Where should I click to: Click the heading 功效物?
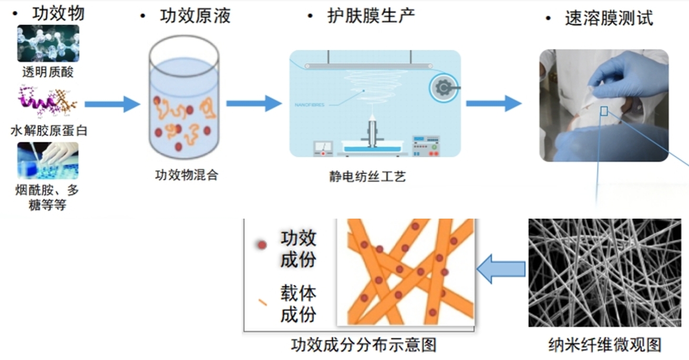coord(58,14)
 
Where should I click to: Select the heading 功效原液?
coord(195,16)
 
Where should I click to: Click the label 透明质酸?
coord(48,72)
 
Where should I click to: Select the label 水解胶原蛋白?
coord(49,130)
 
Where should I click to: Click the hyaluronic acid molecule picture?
coord(48,43)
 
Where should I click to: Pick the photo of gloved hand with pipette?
coord(48,160)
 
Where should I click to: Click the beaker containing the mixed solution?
coord(183,100)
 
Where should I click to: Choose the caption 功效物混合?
coord(187,175)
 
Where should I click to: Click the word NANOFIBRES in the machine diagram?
coord(310,105)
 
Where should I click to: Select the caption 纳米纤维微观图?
coord(604,345)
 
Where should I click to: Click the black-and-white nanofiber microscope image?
coord(604,273)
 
